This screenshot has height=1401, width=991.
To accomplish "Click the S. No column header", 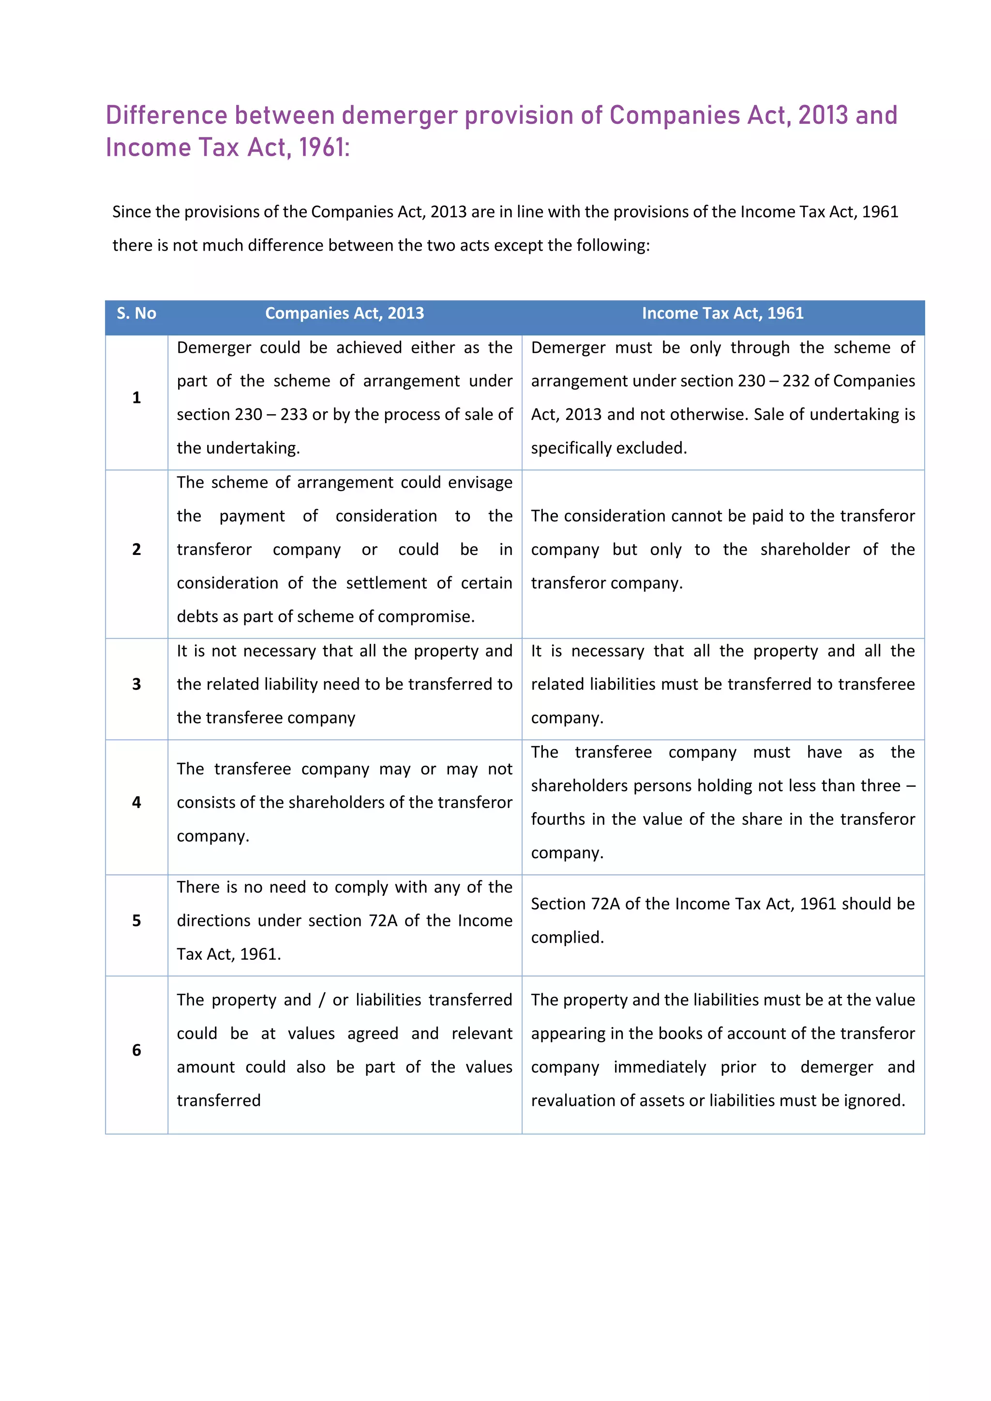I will (x=136, y=313).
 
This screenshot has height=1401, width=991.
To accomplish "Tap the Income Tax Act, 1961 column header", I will (x=722, y=313).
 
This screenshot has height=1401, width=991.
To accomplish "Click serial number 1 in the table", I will (x=136, y=398).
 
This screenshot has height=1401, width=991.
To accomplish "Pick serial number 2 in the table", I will (x=136, y=550).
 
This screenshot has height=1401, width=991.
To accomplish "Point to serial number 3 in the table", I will (x=136, y=685).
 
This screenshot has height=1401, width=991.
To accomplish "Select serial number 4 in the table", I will (x=136, y=803).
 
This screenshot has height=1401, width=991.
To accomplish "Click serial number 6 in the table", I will (x=136, y=1050).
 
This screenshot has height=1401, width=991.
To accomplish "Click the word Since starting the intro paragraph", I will (x=131, y=212).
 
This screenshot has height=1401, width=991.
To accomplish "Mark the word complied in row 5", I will (x=566, y=938).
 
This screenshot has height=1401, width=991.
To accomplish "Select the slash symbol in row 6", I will (x=322, y=1000).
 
